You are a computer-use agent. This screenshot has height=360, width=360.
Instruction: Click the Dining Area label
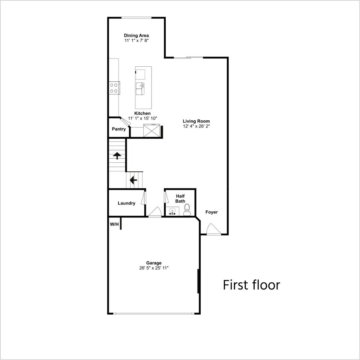click(136, 35)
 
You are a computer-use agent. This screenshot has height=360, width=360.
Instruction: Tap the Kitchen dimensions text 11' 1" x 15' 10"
click(142, 118)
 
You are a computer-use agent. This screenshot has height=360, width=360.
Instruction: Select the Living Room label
click(196, 121)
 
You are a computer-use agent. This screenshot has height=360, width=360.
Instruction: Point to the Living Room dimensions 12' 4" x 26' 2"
click(196, 126)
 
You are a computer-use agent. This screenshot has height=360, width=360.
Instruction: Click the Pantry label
click(119, 129)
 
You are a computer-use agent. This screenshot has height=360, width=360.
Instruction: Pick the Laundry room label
click(126, 203)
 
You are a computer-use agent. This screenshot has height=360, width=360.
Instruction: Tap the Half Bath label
click(180, 199)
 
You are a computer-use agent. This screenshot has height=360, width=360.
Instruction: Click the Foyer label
click(211, 212)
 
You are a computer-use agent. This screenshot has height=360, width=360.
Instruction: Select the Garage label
click(154, 263)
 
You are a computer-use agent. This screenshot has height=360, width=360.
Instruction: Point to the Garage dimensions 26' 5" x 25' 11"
click(154, 268)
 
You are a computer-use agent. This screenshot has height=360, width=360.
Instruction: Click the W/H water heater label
click(114, 224)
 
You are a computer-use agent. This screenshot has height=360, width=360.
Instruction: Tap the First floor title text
click(251, 285)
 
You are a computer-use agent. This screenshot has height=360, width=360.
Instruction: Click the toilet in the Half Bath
click(187, 210)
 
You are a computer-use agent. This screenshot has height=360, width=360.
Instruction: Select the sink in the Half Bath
click(172, 211)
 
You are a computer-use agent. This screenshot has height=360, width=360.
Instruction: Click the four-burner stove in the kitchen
click(114, 88)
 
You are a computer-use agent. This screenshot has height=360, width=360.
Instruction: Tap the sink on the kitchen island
click(140, 88)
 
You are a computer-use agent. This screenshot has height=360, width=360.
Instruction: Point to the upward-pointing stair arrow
click(117, 155)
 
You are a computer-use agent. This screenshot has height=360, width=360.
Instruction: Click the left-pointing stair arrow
click(133, 180)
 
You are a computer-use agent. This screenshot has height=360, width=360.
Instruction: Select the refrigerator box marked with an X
click(151, 130)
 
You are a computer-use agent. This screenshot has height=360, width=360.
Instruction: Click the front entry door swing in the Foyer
click(213, 229)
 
